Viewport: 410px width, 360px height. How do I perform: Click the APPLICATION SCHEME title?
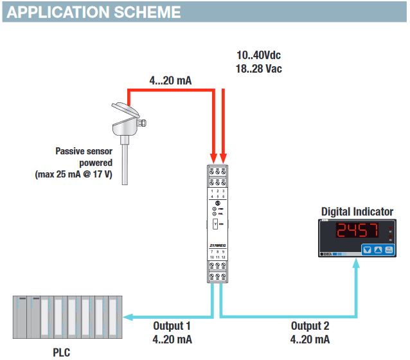pos(93,12)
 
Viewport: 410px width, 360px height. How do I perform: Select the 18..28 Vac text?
pos(260,69)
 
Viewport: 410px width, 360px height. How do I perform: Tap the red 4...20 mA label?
pos(170,80)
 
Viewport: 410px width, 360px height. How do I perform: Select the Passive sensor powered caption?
pos(85,157)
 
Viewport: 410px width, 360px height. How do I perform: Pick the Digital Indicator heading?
pos(357,212)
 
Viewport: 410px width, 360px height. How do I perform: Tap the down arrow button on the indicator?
pos(368,250)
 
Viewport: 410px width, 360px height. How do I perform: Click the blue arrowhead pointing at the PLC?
pos(129,316)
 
